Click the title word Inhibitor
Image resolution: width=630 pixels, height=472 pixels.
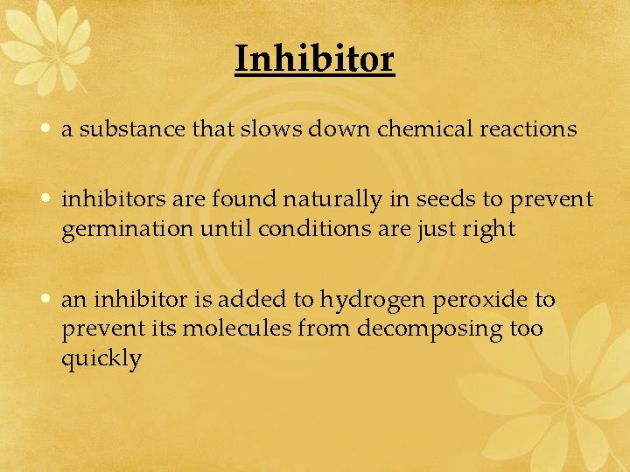click(315, 59)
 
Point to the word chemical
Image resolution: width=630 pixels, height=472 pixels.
click(425, 129)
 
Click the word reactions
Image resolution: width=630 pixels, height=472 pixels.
click(528, 129)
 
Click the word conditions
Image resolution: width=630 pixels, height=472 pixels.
click(283, 230)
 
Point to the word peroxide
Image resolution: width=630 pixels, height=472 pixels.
click(476, 301)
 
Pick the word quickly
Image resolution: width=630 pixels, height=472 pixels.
click(101, 359)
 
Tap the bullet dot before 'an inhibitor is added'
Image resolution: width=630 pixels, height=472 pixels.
click(45, 300)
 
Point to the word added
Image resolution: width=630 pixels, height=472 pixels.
click(246, 300)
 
